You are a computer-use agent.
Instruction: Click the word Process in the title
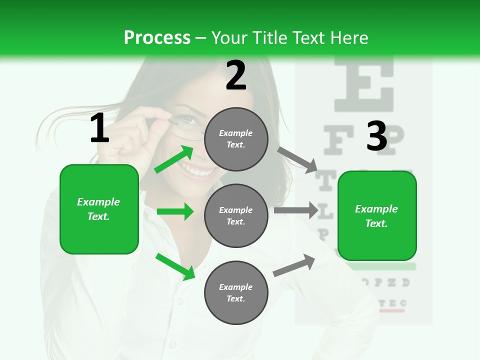click(x=157, y=37)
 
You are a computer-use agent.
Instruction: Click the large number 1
click(x=99, y=128)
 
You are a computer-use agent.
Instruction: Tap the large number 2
click(x=236, y=75)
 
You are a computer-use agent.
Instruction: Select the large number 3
click(x=376, y=136)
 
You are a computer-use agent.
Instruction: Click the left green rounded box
click(x=99, y=209)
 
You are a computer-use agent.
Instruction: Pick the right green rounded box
click(x=377, y=215)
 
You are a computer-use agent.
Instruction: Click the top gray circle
click(x=236, y=139)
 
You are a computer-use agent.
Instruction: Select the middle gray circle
click(x=236, y=215)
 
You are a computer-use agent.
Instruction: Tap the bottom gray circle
click(x=236, y=292)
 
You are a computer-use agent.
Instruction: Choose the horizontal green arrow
click(x=175, y=211)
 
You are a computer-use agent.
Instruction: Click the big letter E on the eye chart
click(x=364, y=82)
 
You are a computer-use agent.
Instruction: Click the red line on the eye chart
click(x=391, y=311)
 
